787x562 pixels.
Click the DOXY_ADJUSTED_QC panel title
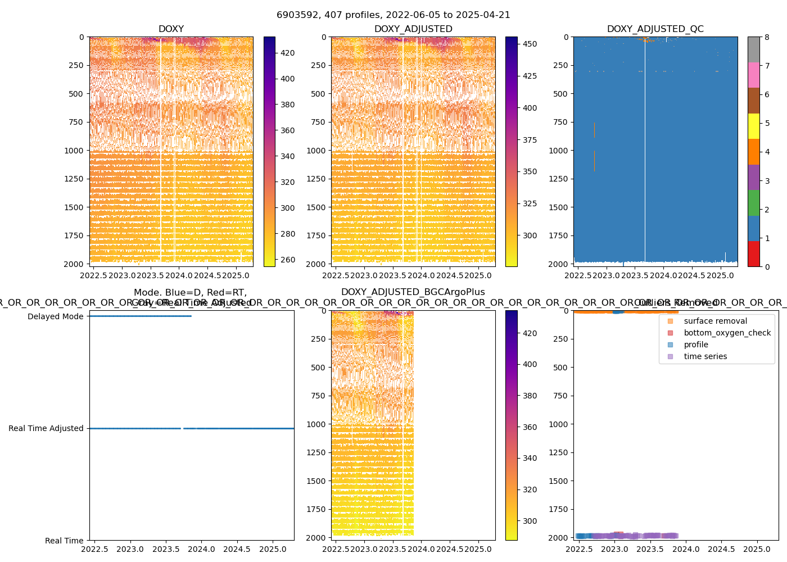click(x=655, y=29)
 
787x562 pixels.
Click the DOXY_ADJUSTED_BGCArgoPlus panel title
click(x=413, y=292)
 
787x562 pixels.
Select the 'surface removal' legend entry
click(x=715, y=321)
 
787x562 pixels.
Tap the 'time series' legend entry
click(x=705, y=357)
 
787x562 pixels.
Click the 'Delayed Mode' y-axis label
click(x=55, y=316)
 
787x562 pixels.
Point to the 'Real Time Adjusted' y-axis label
click(x=46, y=429)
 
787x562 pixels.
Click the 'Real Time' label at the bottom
click(x=64, y=541)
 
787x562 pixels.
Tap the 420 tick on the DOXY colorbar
click(x=287, y=53)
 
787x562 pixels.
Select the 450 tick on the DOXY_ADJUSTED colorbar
click(x=530, y=44)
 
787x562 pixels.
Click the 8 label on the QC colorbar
click(x=767, y=37)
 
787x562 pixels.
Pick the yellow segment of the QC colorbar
click(x=753, y=126)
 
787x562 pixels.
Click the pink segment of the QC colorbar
click(x=753, y=75)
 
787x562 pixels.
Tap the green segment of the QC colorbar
click(x=753, y=202)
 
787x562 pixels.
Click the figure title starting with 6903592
click(x=393, y=15)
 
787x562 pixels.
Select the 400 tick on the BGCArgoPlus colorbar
click(x=530, y=364)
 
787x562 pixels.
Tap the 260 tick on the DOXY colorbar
click(x=287, y=260)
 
